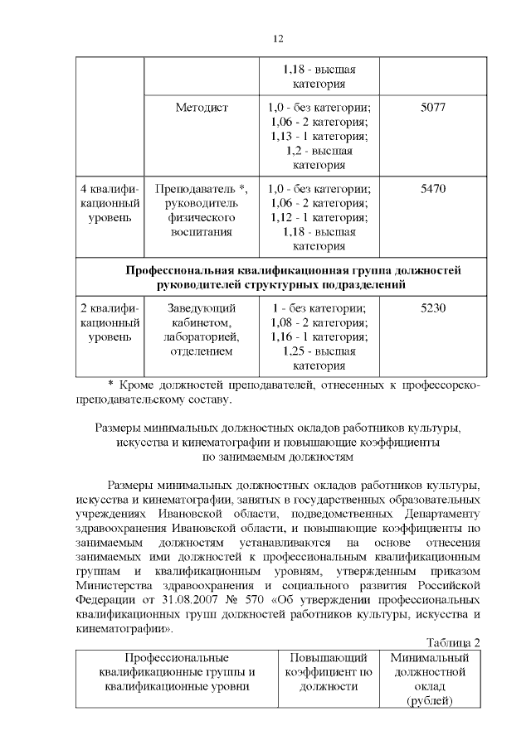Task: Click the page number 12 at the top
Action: click(279, 39)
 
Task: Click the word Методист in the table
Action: click(201, 108)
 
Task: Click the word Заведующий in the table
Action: click(201, 307)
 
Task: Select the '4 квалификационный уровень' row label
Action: click(110, 203)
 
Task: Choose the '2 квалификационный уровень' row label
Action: click(110, 322)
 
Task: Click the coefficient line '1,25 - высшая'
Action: click(319, 351)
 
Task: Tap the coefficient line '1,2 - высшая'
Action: click(319, 151)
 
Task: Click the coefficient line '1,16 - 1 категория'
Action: click(319, 336)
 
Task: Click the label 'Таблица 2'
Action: click(453, 642)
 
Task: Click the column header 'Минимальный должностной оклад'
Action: click(429, 679)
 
